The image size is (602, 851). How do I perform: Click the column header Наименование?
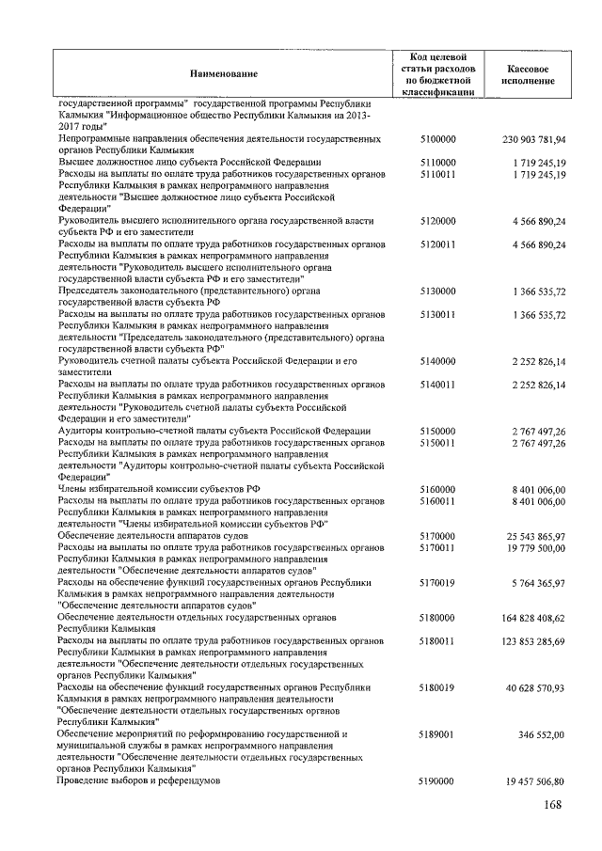pos(223,72)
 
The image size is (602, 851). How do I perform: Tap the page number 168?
pos(554,807)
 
